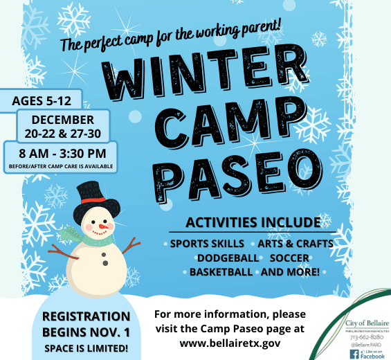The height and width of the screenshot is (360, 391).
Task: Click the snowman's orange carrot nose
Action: (103, 226)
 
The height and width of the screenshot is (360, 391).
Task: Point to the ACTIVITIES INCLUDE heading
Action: (253, 223)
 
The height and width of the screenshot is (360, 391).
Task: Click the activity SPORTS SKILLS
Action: (207, 244)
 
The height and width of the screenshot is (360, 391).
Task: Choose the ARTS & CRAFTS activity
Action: (295, 244)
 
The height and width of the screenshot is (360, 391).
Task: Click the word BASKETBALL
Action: (221, 272)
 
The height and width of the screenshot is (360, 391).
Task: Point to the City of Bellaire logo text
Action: (366, 323)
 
